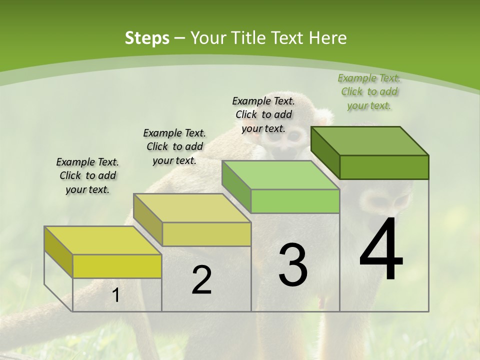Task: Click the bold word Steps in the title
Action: point(147,38)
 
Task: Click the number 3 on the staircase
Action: point(293,265)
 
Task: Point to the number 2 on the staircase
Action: point(201,280)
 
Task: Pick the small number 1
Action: point(115,295)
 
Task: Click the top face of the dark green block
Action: point(369,141)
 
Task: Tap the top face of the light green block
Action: point(280,175)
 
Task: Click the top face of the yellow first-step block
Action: point(103,240)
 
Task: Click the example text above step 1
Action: point(87,175)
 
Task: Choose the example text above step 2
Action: point(174,146)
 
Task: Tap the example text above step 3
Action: point(263,114)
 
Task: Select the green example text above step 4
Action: point(369,91)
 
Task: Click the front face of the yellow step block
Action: point(117,266)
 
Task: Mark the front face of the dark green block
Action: point(384,167)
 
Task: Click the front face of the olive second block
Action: point(206,234)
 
